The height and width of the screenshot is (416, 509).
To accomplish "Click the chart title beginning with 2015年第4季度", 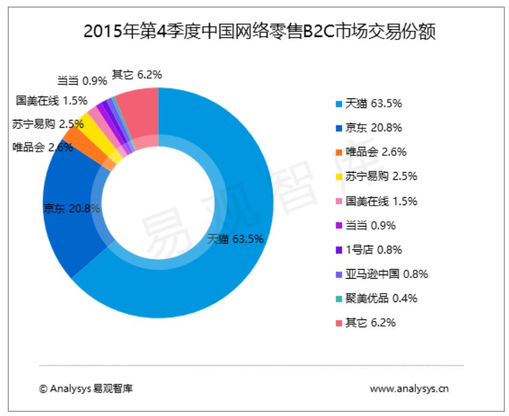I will tap(259, 31).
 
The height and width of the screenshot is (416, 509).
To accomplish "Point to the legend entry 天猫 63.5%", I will tap(373, 103).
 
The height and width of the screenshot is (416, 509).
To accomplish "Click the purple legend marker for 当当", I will tap(339, 226).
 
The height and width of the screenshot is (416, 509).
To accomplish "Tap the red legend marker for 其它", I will tap(339, 323).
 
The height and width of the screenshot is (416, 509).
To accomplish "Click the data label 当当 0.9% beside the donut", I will tap(82, 80).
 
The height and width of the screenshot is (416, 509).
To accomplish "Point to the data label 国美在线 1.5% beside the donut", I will tap(52, 100).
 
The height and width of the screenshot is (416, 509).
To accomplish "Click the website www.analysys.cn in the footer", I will tap(409, 388).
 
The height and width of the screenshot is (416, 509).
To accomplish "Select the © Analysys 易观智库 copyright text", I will tap(86, 388).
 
